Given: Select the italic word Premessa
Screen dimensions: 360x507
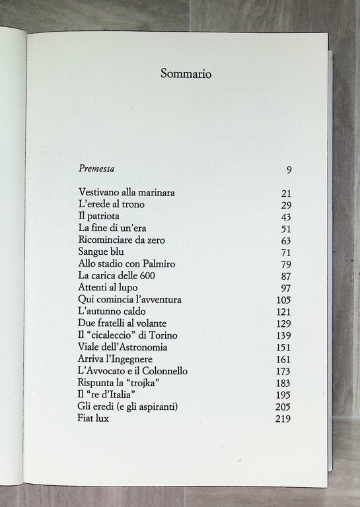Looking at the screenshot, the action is pyautogui.click(x=96, y=168).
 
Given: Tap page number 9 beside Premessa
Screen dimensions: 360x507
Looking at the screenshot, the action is pyautogui.click(x=289, y=170).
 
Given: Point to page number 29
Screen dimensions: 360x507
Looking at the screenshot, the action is pyautogui.click(x=286, y=205).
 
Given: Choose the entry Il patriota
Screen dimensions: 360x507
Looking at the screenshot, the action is pyautogui.click(x=100, y=217).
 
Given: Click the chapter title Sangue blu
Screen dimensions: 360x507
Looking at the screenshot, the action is pyautogui.click(x=101, y=252).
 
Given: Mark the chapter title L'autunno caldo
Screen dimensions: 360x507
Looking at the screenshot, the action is pyautogui.click(x=112, y=311).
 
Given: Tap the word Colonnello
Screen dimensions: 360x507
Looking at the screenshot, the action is pyautogui.click(x=164, y=370).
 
